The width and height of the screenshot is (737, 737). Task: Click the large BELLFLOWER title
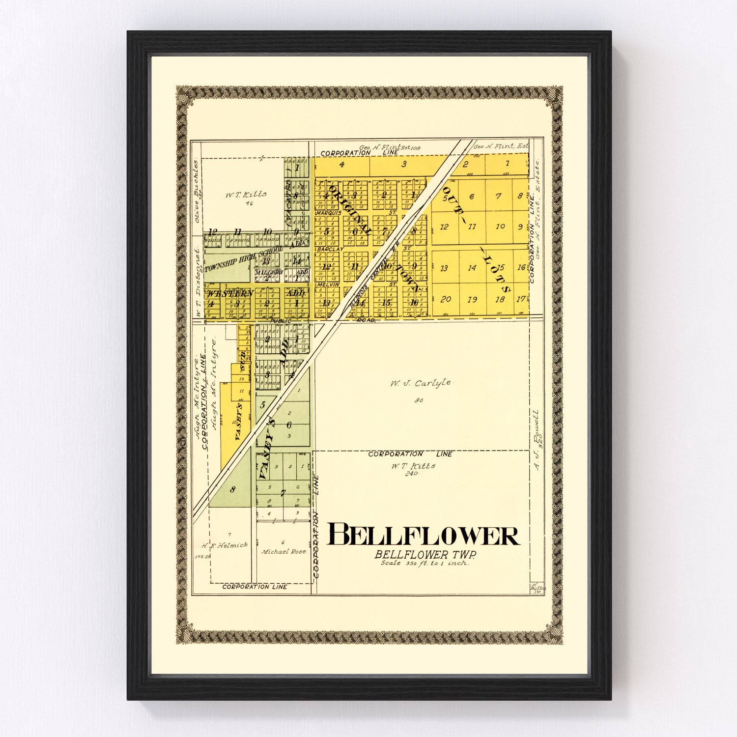tap(424, 536)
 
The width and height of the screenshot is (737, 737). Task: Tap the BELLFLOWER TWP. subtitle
tap(425, 554)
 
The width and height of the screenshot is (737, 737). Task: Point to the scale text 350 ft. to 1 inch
tap(425, 564)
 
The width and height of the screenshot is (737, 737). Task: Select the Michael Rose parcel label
tap(284, 552)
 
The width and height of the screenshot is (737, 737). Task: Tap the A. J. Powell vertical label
tap(538, 440)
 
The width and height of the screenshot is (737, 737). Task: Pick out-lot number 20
tap(446, 299)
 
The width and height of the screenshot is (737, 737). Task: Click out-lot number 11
tap(472, 227)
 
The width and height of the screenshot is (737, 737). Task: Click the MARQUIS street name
tap(328, 213)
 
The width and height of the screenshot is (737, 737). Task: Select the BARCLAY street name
tap(328, 250)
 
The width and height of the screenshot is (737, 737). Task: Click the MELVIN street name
tap(328, 284)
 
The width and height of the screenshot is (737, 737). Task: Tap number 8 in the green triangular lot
tap(232, 489)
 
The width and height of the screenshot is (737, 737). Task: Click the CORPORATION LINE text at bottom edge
tap(255, 587)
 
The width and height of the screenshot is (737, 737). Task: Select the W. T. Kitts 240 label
tap(413, 469)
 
